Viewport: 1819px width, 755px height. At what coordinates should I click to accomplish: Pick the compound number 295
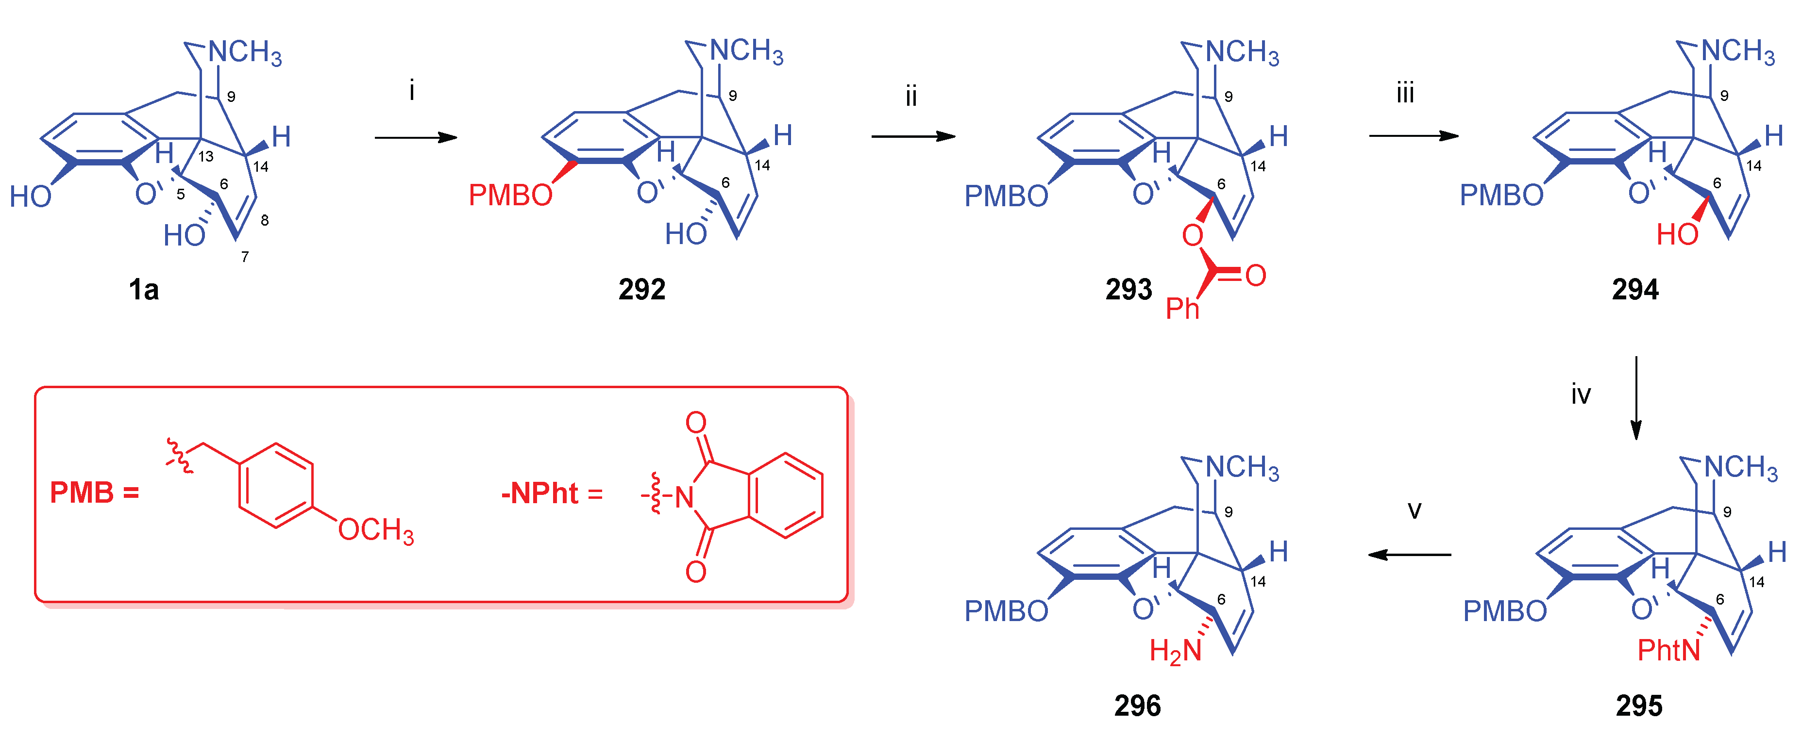pyautogui.click(x=1638, y=706)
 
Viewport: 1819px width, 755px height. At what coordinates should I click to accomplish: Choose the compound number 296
pyautogui.click(x=1137, y=706)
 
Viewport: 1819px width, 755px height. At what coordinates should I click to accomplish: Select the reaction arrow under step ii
pyautogui.click(x=912, y=136)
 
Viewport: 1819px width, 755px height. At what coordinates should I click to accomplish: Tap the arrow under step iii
pyautogui.click(x=1413, y=135)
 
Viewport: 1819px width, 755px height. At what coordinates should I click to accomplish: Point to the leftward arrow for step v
pyautogui.click(x=1410, y=555)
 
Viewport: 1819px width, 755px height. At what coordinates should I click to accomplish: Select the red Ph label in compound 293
pyautogui.click(x=1182, y=308)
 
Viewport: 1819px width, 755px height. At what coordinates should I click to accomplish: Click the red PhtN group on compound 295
pyautogui.click(x=1668, y=650)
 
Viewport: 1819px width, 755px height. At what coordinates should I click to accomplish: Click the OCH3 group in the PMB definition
pyautogui.click(x=376, y=530)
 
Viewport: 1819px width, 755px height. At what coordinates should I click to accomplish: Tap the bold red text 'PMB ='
pyautogui.click(x=94, y=492)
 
